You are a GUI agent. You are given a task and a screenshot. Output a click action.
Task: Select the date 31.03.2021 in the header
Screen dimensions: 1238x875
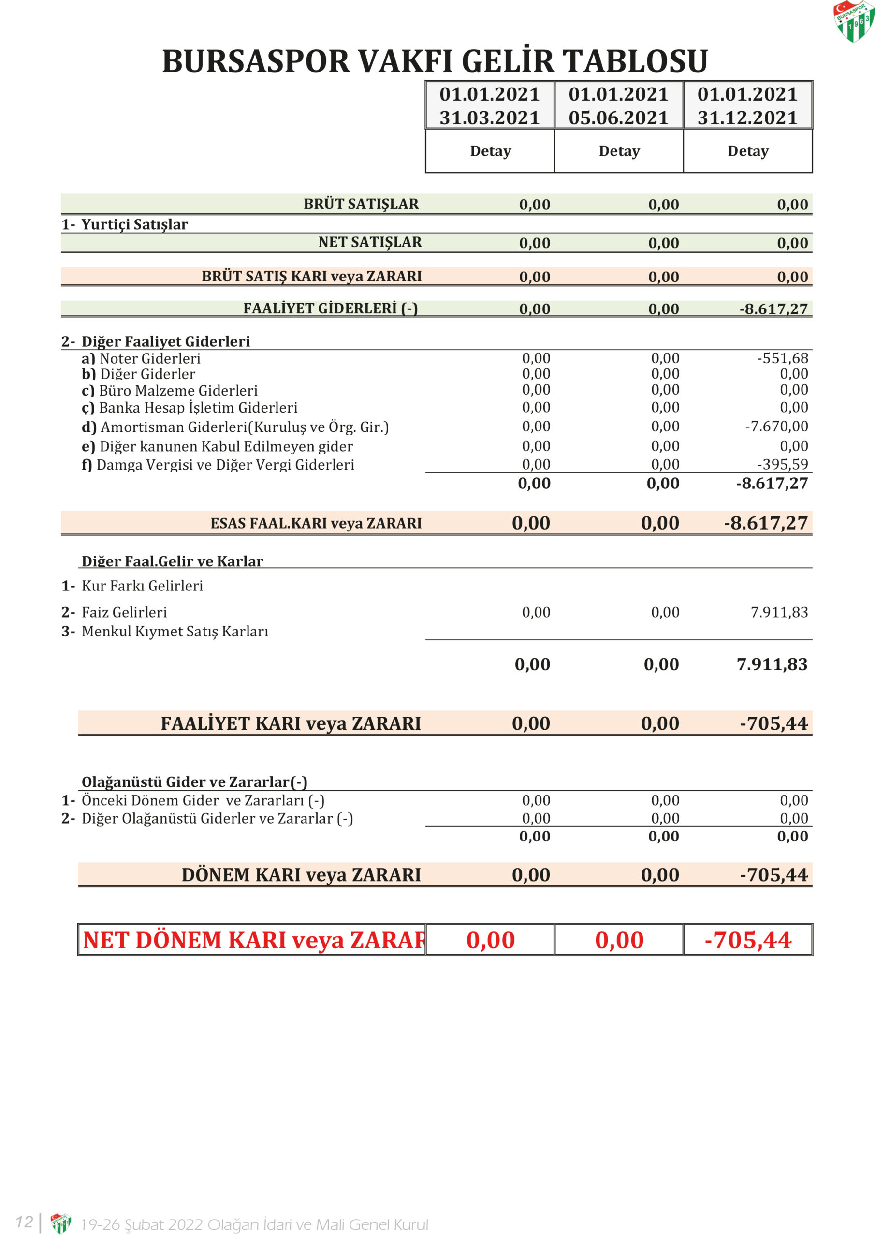490,118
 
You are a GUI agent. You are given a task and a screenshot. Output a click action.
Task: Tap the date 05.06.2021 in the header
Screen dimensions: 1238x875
618,118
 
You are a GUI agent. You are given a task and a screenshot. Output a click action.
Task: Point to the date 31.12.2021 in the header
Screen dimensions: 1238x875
747,118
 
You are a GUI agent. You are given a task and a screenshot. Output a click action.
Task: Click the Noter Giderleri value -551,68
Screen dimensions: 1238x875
782,358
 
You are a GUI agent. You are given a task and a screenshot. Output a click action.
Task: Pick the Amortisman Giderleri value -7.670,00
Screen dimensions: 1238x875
776,427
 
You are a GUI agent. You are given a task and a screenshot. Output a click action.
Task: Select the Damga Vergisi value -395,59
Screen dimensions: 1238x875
782,464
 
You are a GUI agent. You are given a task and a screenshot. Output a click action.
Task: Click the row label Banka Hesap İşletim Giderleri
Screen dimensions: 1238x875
198,408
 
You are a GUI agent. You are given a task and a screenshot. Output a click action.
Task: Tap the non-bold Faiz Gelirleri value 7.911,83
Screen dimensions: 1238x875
779,613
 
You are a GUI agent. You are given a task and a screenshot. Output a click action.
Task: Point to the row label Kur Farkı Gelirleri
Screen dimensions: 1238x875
142,586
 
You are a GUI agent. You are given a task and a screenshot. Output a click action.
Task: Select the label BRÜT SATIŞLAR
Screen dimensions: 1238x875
361,205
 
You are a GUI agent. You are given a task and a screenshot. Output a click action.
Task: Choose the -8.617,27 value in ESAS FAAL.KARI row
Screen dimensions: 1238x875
766,524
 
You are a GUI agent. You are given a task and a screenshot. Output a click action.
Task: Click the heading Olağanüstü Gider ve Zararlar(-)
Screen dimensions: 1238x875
194,782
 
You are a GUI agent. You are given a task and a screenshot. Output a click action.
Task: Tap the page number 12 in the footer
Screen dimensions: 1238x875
24,1222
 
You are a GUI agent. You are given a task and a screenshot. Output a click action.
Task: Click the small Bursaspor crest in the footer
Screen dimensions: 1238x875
60,1223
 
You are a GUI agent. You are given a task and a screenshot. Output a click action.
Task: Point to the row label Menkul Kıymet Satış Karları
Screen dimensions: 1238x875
175,632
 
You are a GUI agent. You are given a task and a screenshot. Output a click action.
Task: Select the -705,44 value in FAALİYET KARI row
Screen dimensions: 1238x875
773,723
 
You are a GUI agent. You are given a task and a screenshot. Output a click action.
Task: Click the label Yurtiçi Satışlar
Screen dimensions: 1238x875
134,225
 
